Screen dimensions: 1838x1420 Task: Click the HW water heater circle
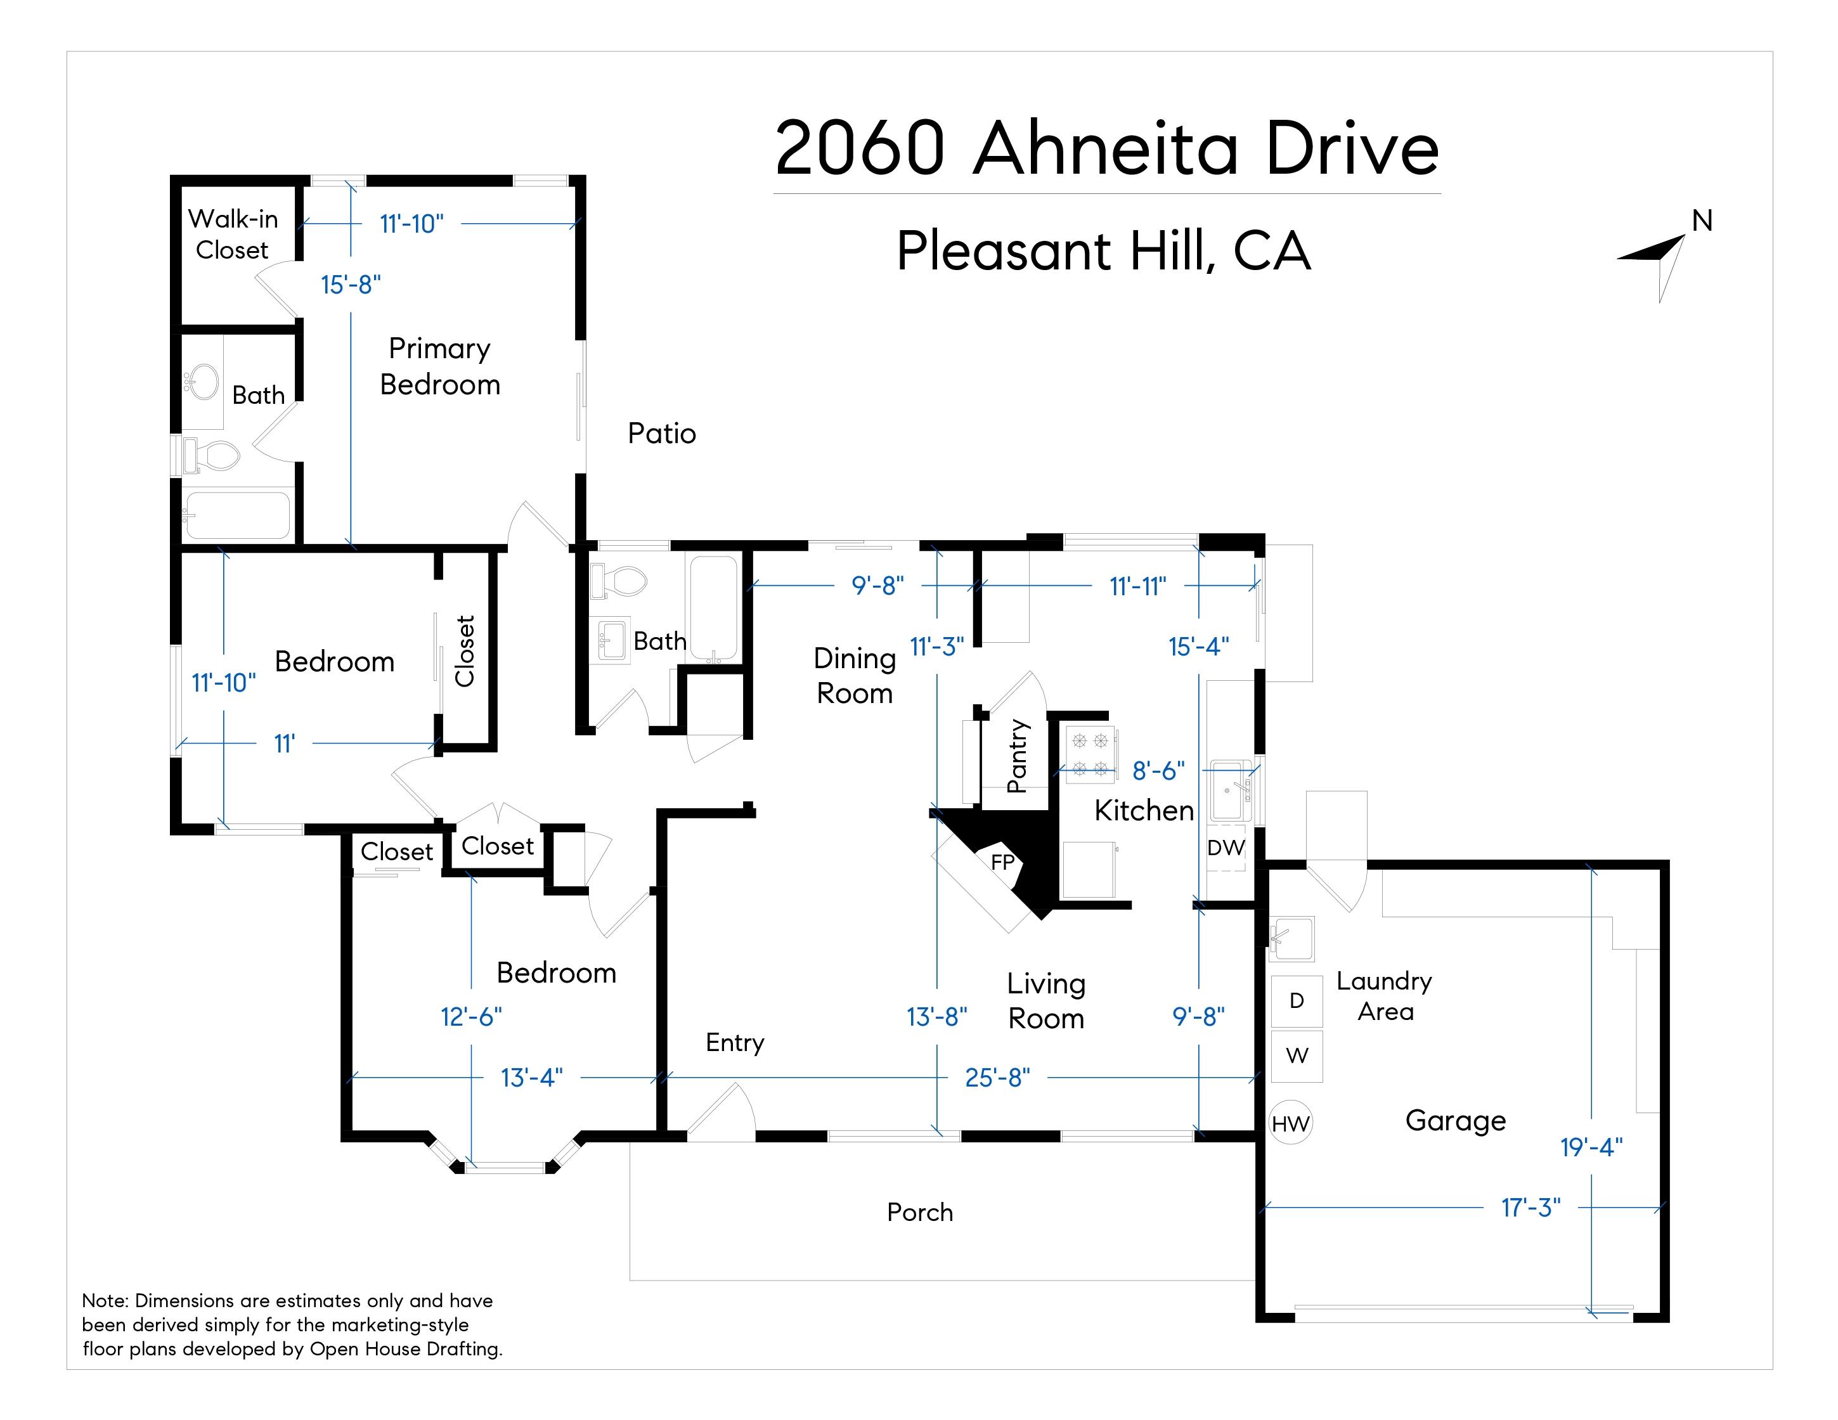[x=1290, y=1123]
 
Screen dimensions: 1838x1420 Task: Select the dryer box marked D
[x=1297, y=1001]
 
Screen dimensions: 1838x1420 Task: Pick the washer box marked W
[x=1297, y=1055]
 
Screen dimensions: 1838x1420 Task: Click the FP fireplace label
[x=1002, y=862]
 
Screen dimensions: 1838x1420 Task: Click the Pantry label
[x=1018, y=756]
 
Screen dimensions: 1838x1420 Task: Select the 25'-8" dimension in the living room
[x=997, y=1078]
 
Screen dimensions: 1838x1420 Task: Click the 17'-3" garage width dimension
[x=1531, y=1208]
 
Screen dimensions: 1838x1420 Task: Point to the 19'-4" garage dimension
[x=1591, y=1147]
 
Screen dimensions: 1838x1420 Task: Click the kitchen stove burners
[x=1090, y=754]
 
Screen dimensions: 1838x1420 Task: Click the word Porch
[x=920, y=1212]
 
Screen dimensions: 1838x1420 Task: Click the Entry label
[x=735, y=1043]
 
